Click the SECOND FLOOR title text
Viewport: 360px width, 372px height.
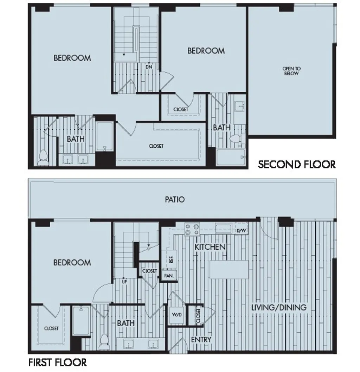(297, 164)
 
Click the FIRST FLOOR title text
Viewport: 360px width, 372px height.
(57, 362)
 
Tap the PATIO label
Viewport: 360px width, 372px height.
(175, 199)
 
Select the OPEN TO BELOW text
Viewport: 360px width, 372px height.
(291, 71)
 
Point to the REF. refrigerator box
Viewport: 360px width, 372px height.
(171, 259)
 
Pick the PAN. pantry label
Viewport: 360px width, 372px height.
(169, 276)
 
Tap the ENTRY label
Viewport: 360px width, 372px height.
(201, 339)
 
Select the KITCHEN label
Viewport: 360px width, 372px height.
(210, 247)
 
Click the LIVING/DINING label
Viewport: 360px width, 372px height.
(279, 307)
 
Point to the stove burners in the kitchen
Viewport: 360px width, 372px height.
(192, 229)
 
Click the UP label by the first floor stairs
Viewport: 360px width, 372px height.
(124, 282)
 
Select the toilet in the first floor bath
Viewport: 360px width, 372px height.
(104, 342)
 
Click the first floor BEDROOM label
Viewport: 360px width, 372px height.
(72, 262)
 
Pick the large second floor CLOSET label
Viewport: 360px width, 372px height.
(156, 146)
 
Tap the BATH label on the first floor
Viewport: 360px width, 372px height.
(126, 323)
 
